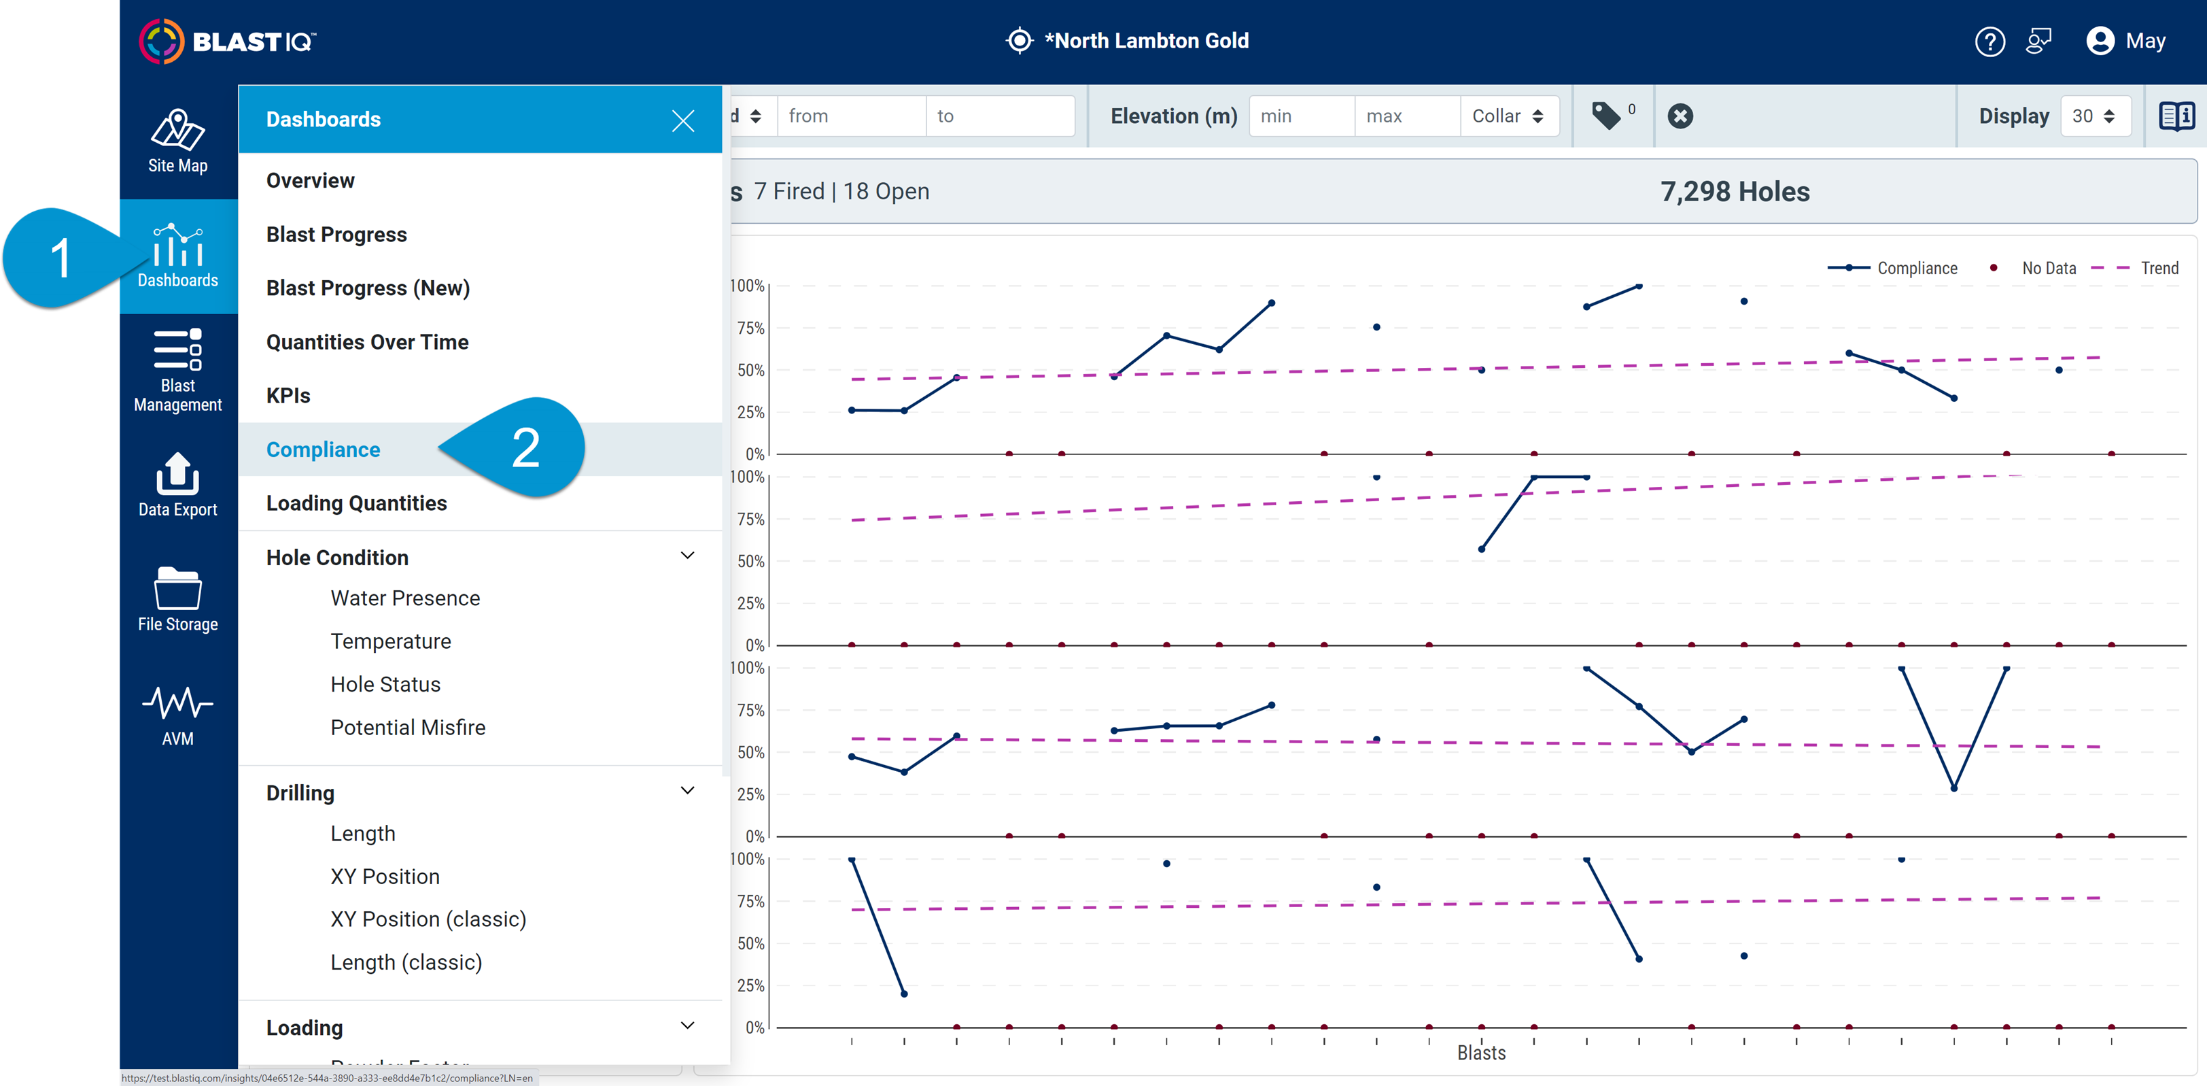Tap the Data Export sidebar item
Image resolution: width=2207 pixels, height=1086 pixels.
tap(177, 484)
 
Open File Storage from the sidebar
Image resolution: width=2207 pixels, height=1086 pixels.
tap(177, 599)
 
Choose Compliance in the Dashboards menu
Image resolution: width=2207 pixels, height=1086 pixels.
tap(323, 449)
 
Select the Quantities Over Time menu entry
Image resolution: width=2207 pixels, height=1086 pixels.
tap(366, 342)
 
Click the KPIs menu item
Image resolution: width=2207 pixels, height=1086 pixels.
tap(288, 395)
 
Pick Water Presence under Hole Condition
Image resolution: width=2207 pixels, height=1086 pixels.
tap(404, 598)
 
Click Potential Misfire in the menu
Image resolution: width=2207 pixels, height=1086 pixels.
tap(407, 727)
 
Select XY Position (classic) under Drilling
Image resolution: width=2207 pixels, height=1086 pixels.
tap(428, 919)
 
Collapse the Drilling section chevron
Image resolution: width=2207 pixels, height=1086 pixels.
tap(687, 790)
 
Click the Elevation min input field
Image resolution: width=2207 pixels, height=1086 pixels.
tap(1300, 116)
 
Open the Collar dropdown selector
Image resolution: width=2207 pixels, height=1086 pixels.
tap(1508, 116)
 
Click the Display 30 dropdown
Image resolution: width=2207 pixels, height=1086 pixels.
tap(2093, 116)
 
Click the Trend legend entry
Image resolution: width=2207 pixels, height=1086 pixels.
tap(2158, 269)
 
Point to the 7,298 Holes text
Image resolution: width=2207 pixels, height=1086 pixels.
tap(1734, 191)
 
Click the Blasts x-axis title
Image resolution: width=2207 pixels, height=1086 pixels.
tap(1480, 1052)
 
